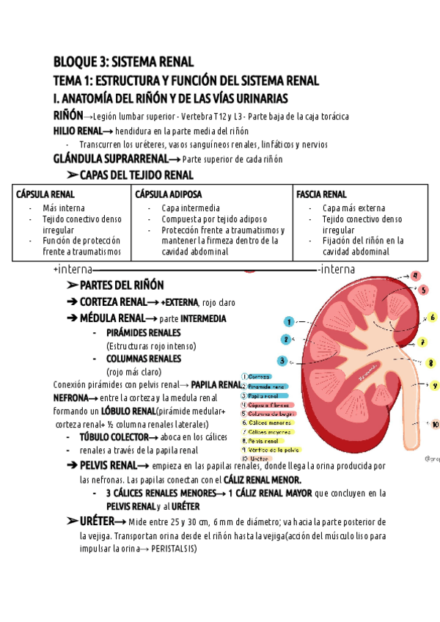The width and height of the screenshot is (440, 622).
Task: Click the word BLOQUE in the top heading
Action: point(75,62)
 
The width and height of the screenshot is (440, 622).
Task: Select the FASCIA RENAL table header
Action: point(321,194)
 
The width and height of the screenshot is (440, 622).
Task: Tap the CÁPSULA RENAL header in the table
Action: point(45,194)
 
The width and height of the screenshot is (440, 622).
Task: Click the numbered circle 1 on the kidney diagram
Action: point(290,321)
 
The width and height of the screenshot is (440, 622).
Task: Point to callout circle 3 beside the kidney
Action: point(282,360)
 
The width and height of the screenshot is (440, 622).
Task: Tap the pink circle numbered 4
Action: point(416,276)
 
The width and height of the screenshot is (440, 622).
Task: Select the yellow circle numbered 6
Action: point(433,318)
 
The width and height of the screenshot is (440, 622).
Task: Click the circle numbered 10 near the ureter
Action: point(435,424)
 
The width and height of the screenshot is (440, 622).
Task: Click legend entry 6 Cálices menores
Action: point(267,422)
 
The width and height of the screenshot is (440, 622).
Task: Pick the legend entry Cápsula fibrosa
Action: point(268,404)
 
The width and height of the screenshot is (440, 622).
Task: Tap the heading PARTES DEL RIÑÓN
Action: point(121,285)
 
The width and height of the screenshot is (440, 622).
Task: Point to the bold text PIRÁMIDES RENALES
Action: point(143,332)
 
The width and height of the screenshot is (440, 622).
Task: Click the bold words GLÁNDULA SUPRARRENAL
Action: point(110,158)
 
